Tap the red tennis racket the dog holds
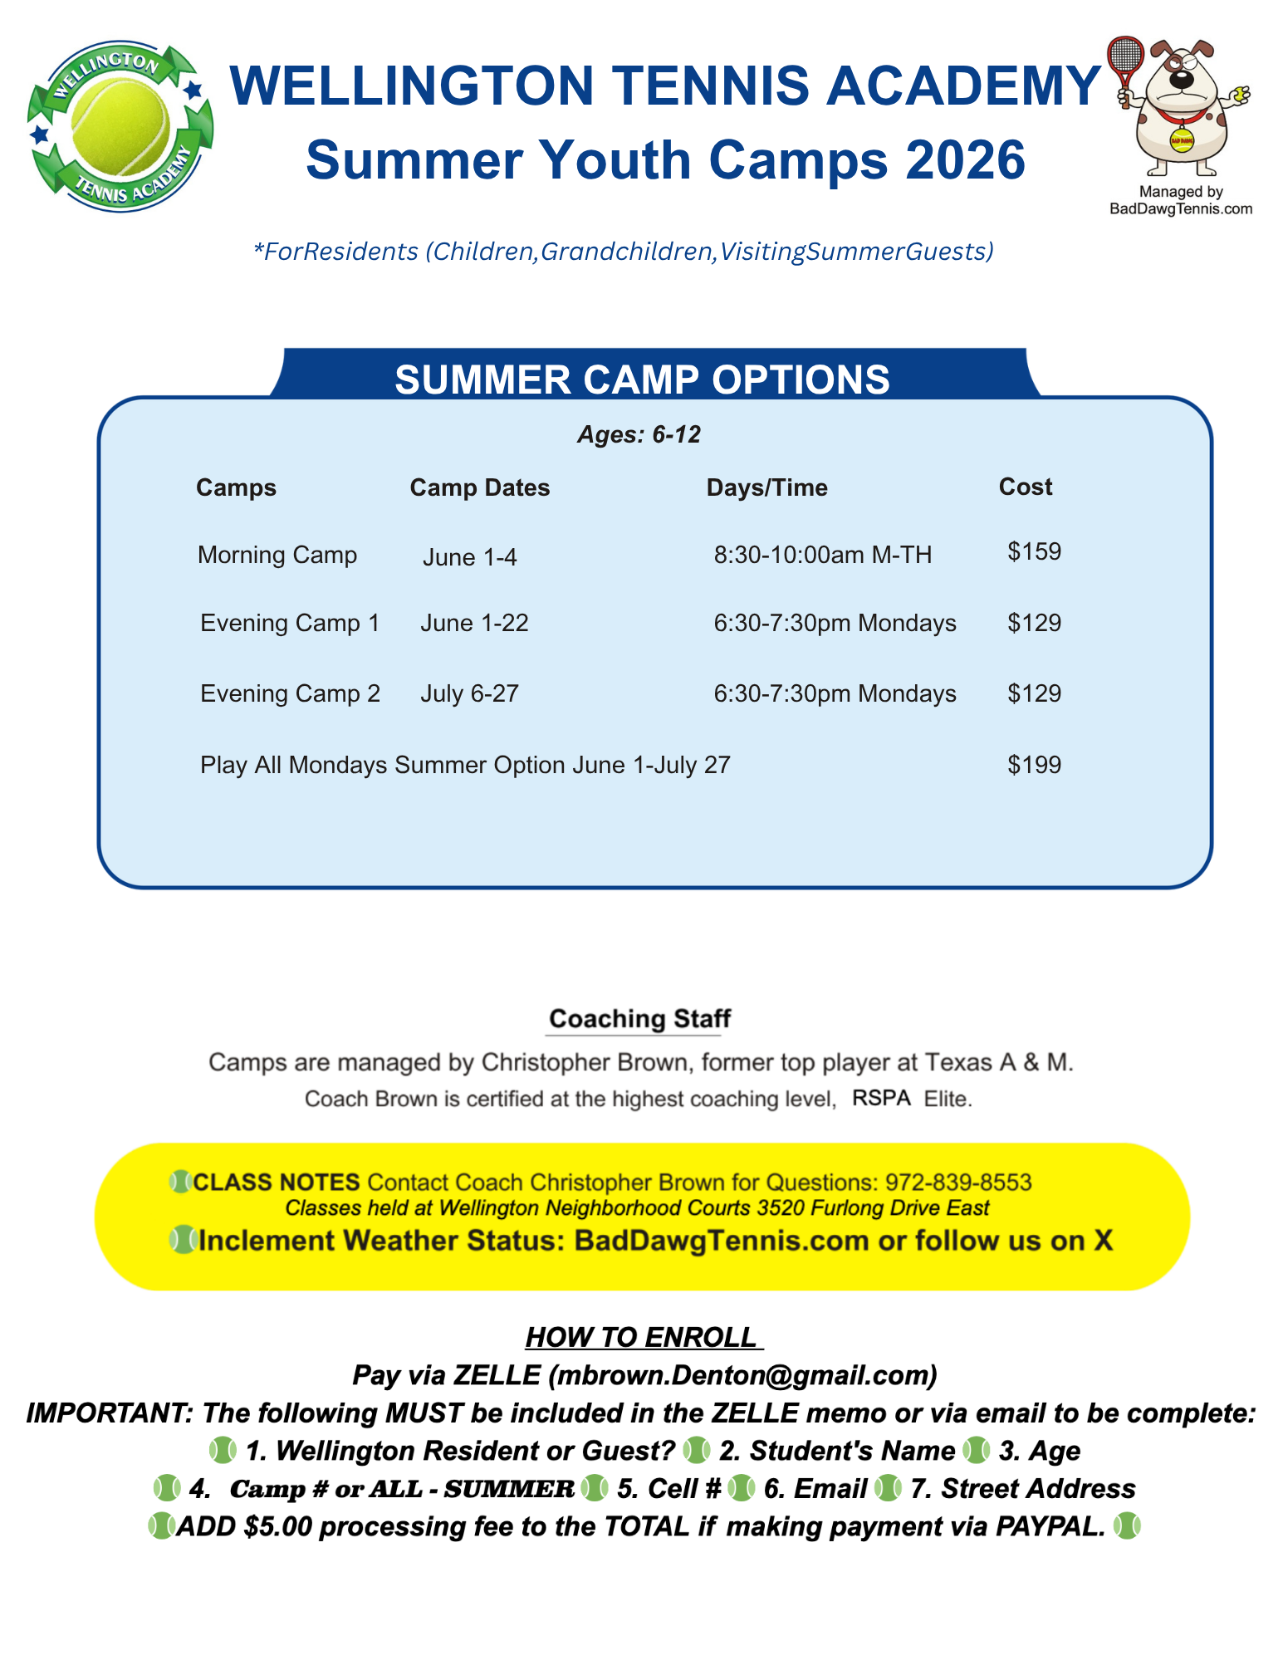[1126, 58]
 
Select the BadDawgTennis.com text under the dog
[1180, 209]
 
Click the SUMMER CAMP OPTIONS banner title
[641, 379]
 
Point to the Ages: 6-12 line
[639, 434]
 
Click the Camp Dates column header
[479, 487]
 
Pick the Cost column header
[1025, 487]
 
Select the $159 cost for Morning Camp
[1034, 551]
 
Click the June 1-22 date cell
[474, 623]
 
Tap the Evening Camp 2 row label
[290, 693]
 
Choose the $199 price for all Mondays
[1034, 764]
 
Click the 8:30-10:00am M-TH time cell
[822, 555]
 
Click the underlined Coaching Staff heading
[639, 1019]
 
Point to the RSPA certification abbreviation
[881, 1098]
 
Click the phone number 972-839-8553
[957, 1182]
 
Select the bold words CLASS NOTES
[276, 1182]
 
